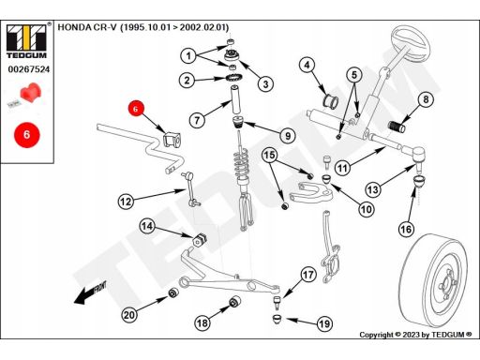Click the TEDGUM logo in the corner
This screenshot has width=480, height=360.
pos(26,40)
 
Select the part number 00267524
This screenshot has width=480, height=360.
pos(29,69)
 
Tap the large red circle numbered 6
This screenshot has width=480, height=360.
pos(27,135)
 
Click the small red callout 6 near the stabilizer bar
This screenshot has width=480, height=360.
pos(135,109)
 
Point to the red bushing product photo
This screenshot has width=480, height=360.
pos(30,94)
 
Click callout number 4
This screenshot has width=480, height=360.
pos(307,65)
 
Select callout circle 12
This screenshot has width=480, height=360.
pos(126,202)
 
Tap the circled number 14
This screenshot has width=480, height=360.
pos(147,226)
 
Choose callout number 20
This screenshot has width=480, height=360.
pos(129,315)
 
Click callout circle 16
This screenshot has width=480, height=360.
pos(406,230)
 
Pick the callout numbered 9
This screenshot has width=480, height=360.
pos(288,136)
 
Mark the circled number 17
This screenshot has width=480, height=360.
pos(308,275)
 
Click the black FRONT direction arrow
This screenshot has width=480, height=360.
pos(90,293)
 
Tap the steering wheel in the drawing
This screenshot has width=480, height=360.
pos(412,45)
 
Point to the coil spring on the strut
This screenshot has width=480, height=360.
pos(241,163)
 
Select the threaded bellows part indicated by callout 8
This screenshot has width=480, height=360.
pos(397,127)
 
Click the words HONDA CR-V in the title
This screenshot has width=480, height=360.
pos(87,27)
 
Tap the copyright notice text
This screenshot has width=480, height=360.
pos(415,335)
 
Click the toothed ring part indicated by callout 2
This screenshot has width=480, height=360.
pos(232,78)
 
